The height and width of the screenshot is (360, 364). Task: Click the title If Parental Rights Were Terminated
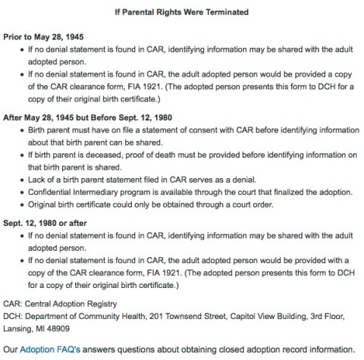pos(182,11)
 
